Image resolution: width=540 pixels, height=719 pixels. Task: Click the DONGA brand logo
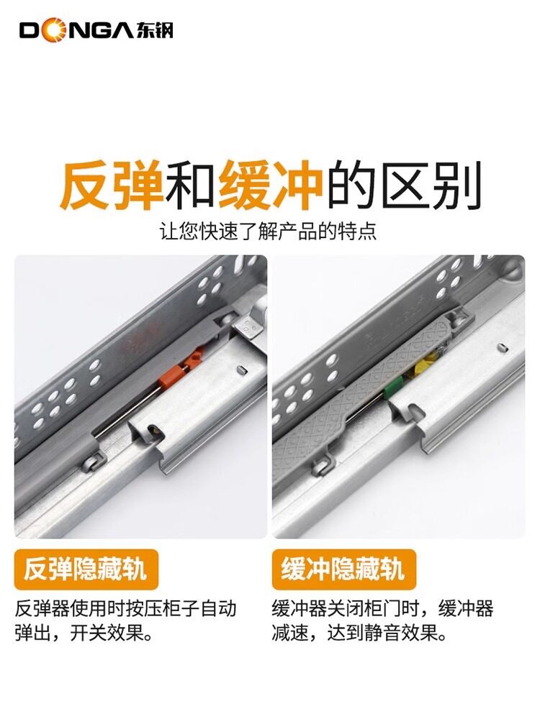[96, 30]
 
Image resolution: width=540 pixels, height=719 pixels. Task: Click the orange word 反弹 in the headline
[112, 186]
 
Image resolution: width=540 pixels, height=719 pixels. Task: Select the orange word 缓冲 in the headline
[271, 186]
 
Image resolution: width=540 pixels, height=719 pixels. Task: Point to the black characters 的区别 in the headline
[403, 186]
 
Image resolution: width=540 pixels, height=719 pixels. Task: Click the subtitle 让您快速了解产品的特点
[268, 231]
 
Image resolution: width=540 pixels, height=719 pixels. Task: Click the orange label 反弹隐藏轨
[86, 569]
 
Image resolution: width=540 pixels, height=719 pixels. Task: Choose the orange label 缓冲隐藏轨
[343, 569]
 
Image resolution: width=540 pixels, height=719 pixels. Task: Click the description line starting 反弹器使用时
[125, 609]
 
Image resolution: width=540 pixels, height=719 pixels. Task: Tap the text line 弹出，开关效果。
[84, 634]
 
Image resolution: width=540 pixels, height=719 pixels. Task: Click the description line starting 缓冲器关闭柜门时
[382, 609]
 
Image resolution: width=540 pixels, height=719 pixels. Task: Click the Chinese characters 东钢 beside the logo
[154, 31]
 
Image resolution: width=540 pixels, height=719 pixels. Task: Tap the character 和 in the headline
[192, 186]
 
